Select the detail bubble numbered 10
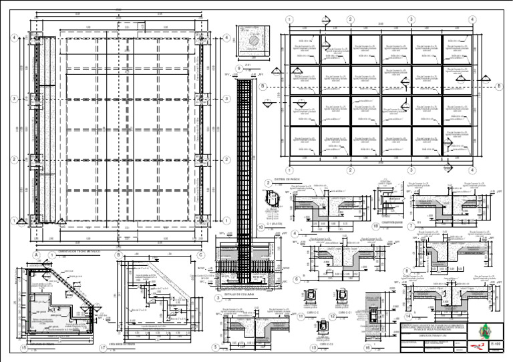tap(261, 227)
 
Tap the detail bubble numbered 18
tap(376, 227)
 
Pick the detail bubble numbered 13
tap(313, 347)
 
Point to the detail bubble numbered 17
tap(103, 347)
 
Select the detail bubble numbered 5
tap(216, 347)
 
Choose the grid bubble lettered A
tap(35, 254)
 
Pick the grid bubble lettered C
tap(200, 254)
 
